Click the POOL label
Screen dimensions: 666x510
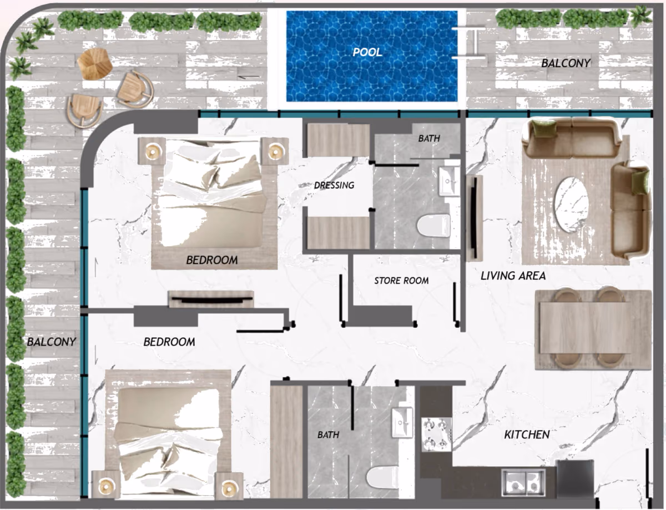367,52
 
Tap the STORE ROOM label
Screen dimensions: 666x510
401,281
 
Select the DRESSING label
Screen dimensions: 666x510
334,186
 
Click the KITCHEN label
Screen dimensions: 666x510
527,434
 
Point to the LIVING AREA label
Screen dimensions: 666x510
513,276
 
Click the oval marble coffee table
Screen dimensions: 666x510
571,205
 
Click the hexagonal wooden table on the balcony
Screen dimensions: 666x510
95,64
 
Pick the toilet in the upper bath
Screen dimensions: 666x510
433,226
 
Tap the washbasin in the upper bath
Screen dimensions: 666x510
450,181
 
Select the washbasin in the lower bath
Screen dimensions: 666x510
402,423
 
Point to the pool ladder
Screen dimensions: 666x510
469,43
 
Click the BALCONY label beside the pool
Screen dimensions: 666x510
566,63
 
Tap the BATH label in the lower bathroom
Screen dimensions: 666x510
329,435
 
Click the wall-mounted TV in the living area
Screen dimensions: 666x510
474,217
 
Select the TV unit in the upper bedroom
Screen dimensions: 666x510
211,299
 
